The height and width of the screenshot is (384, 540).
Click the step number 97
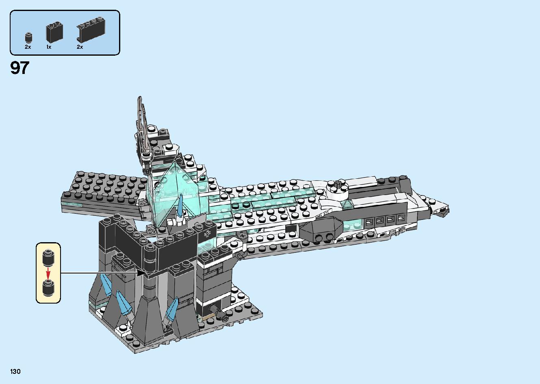pos(20,68)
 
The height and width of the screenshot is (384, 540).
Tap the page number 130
pos(16,371)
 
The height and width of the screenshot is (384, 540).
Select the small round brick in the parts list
pos(28,37)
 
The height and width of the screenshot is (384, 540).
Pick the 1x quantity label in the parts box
pos(49,47)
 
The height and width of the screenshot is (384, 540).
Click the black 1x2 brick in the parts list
pos(55,32)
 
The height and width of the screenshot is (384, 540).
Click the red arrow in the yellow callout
pos(48,271)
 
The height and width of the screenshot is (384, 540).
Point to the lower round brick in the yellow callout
pos(48,287)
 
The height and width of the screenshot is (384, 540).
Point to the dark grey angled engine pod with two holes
pos(323,232)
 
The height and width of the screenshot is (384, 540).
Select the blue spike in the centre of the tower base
pos(122,303)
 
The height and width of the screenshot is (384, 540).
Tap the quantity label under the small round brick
pos(28,47)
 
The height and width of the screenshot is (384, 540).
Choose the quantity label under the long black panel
pos(80,47)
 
